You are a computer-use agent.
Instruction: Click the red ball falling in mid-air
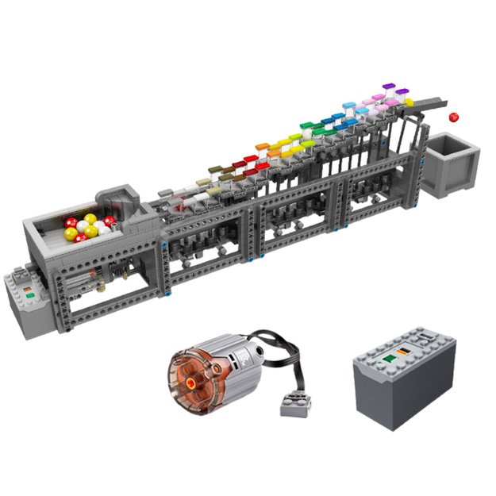click(455, 117)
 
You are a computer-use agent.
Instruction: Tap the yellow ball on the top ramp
click(409, 102)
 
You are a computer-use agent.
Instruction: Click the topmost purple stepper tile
click(388, 84)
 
